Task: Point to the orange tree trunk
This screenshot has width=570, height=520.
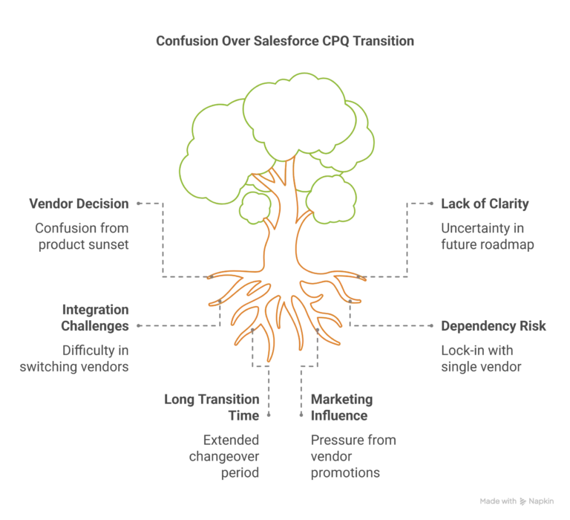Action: [283, 223]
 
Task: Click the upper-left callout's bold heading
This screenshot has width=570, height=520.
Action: [78, 203]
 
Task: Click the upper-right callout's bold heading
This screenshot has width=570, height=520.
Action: [487, 203]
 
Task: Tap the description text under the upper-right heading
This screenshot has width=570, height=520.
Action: [487, 235]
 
